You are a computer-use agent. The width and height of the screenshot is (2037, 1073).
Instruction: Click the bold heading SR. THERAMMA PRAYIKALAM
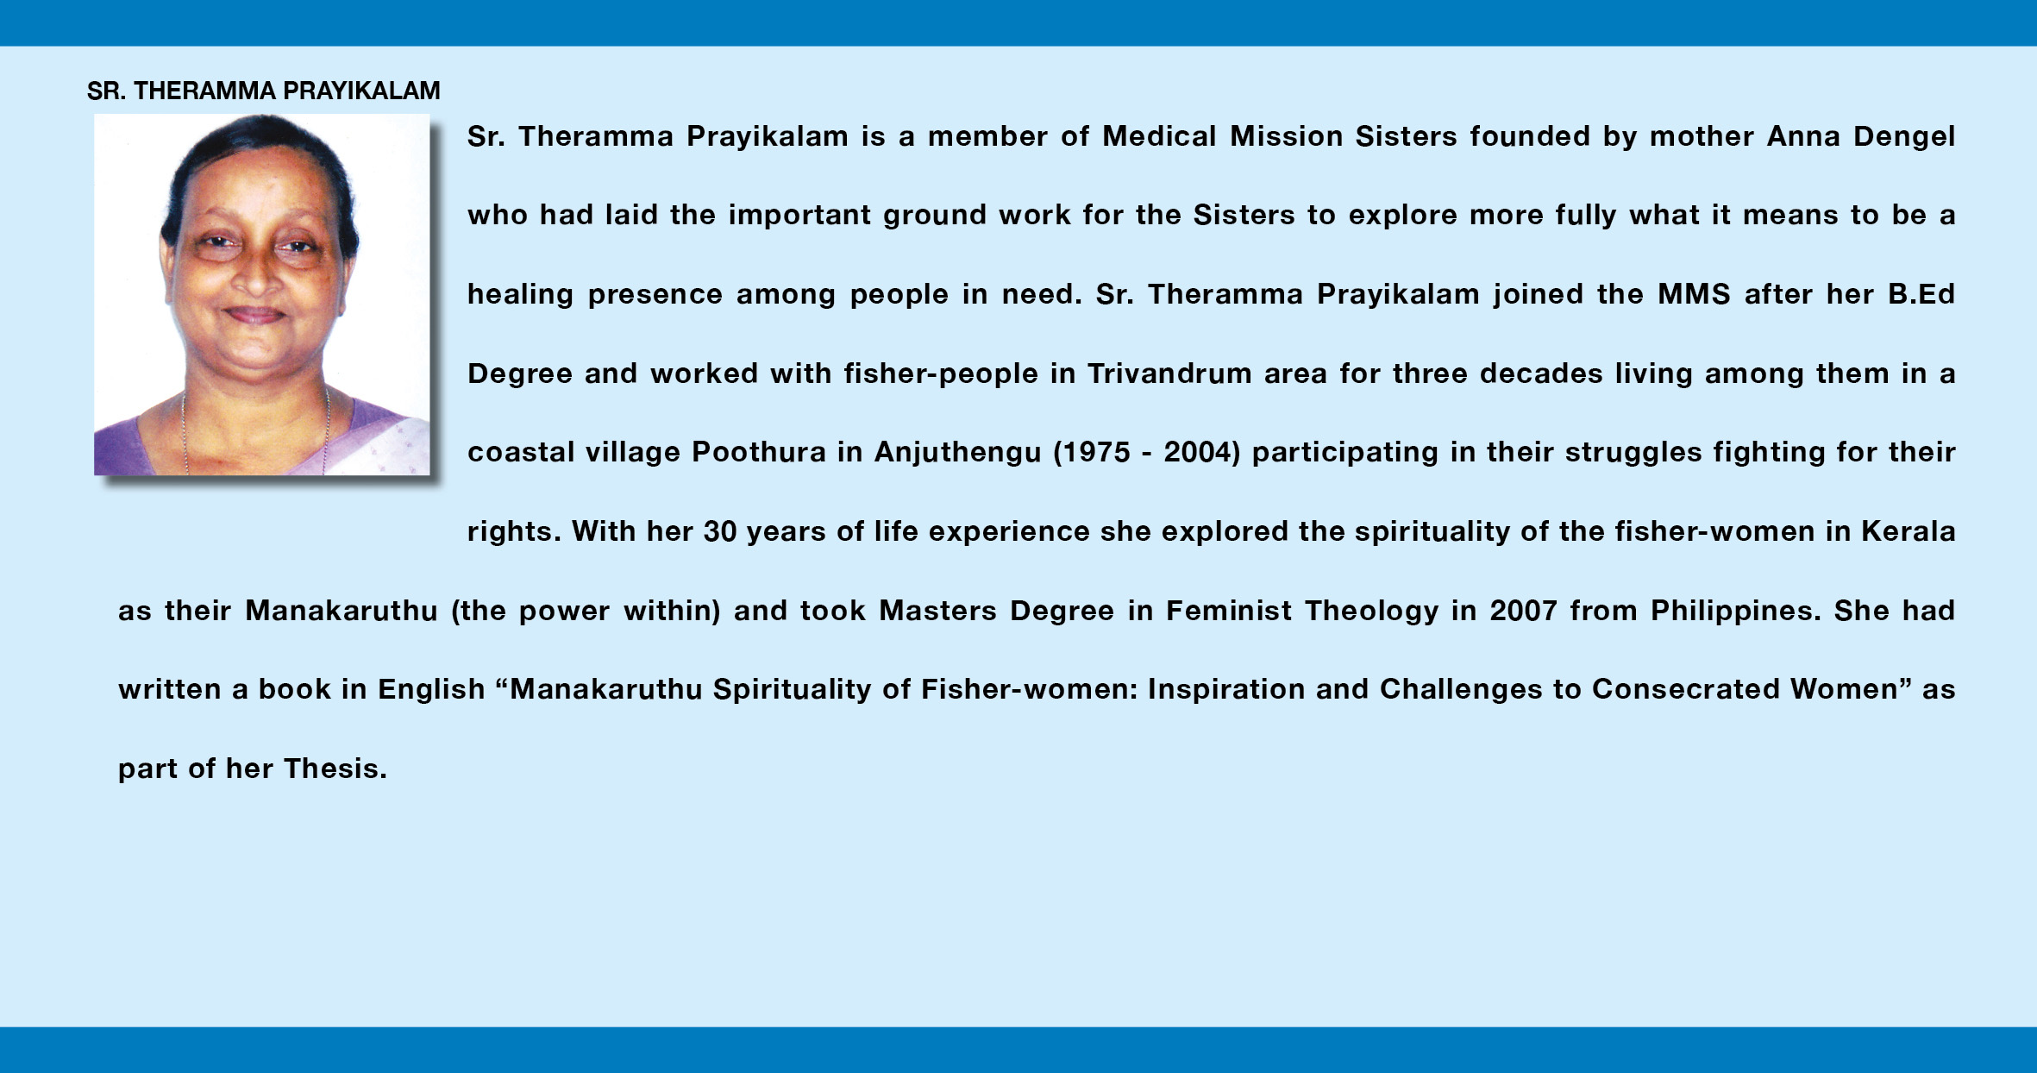pos(264,91)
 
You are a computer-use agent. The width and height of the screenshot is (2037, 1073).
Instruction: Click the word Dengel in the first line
pos(1904,137)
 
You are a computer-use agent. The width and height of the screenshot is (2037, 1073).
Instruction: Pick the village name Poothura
pos(759,453)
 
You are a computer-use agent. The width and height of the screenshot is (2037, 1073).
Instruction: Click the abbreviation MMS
pos(1694,294)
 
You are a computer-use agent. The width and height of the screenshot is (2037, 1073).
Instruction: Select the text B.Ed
pos(1921,294)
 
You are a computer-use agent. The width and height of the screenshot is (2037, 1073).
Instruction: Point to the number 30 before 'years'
pos(720,531)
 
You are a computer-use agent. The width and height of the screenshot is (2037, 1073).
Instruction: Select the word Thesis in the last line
pos(335,769)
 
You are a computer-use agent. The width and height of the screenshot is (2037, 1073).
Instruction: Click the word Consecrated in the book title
pos(1685,689)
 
